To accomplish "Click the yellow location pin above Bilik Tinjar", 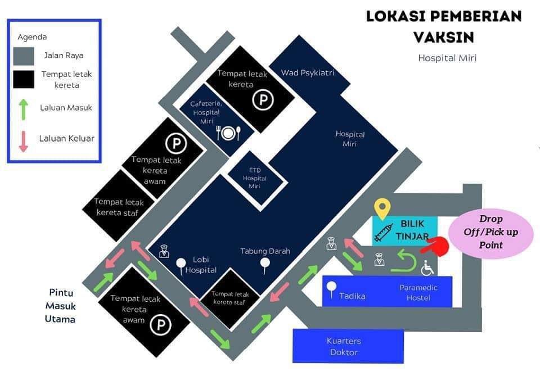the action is point(382,209).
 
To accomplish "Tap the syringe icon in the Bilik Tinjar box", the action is point(384,232).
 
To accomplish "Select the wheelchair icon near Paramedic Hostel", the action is point(427,268).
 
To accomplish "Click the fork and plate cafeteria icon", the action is point(228,133).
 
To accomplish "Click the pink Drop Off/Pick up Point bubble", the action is point(490,233).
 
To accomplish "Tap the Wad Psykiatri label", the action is point(308,72).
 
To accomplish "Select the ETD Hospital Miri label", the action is point(254,178).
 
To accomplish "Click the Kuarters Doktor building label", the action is point(344,346).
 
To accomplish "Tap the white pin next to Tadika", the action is point(331,289).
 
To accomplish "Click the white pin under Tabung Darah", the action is point(265,265).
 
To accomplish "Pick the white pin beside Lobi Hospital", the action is point(181,266).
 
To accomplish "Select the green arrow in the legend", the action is point(23,110).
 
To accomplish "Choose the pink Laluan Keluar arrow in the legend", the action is point(23,141).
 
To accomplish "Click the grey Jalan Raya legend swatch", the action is point(24,56).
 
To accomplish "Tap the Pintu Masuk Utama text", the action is point(60,306).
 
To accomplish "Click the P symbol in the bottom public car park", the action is point(161,325).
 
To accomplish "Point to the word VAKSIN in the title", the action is point(444,37).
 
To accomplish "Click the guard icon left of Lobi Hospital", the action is point(164,251).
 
